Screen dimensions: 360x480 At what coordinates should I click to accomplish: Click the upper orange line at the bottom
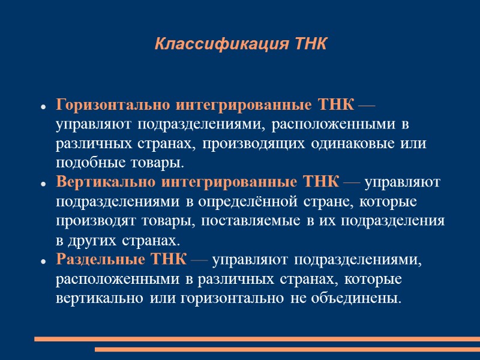(257, 339)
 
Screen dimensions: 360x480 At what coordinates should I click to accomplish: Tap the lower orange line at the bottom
(287, 349)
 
